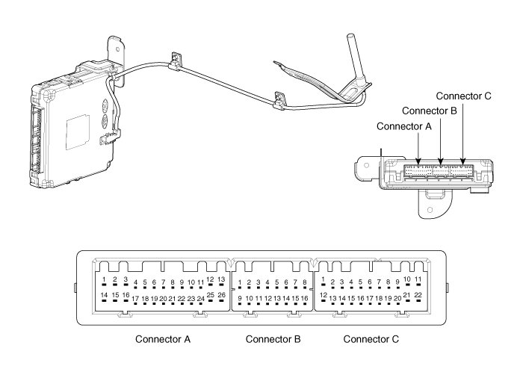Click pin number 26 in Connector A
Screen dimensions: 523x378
point(221,297)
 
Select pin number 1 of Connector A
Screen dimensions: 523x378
point(104,282)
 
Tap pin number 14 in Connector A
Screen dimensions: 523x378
point(104,297)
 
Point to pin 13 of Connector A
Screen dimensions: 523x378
point(221,282)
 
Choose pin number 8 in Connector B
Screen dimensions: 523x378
point(305,285)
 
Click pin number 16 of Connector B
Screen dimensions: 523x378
point(305,300)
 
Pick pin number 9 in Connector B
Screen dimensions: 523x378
point(240,300)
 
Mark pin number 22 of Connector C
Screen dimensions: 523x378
point(418,297)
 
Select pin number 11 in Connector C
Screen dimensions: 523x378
point(418,282)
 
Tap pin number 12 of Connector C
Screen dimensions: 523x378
point(324,297)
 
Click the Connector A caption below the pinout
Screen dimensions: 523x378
point(163,339)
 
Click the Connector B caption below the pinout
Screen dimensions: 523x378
point(273,339)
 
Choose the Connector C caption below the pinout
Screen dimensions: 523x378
point(371,339)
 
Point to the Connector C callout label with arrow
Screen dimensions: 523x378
point(464,96)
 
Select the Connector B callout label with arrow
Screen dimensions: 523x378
point(430,111)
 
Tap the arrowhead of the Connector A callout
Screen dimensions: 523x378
point(418,161)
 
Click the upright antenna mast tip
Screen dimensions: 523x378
point(350,35)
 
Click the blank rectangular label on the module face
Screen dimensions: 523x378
point(78,132)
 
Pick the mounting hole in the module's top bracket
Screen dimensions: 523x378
point(117,49)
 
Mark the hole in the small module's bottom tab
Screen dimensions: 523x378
point(430,210)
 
